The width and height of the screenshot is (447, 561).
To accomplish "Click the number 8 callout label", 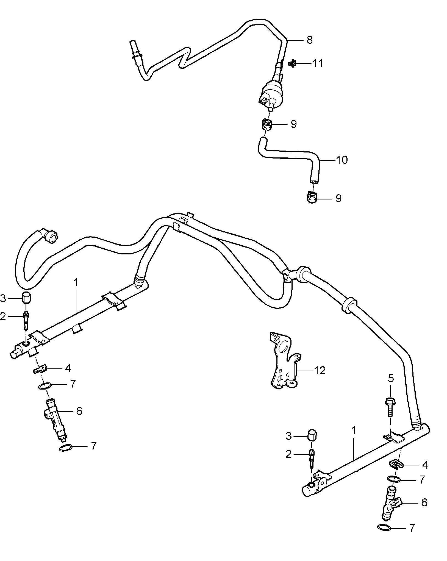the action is [x=309, y=40].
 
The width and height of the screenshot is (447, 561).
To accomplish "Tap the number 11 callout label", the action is [x=318, y=63].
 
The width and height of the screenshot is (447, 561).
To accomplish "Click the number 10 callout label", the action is [x=342, y=160].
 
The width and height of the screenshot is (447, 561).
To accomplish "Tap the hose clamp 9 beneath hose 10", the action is [x=312, y=197].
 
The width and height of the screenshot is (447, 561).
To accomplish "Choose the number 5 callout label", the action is [x=391, y=378].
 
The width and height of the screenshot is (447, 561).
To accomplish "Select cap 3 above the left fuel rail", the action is [x=26, y=298].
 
